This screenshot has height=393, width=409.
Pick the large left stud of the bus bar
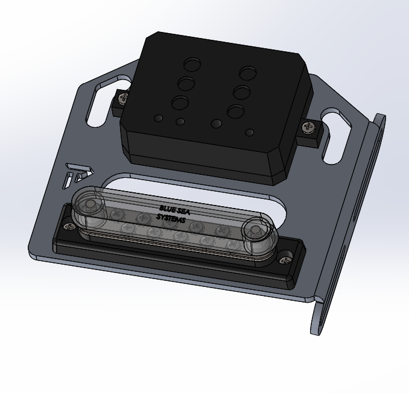tap(90, 206)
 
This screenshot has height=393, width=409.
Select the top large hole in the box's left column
tap(192, 64)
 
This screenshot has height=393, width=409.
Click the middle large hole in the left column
tap(186, 83)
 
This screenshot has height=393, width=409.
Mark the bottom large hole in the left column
tap(180, 102)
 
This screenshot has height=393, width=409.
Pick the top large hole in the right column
tap(247, 74)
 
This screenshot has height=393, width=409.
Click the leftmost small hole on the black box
tap(158, 117)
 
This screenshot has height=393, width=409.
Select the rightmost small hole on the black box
tap(249, 132)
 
